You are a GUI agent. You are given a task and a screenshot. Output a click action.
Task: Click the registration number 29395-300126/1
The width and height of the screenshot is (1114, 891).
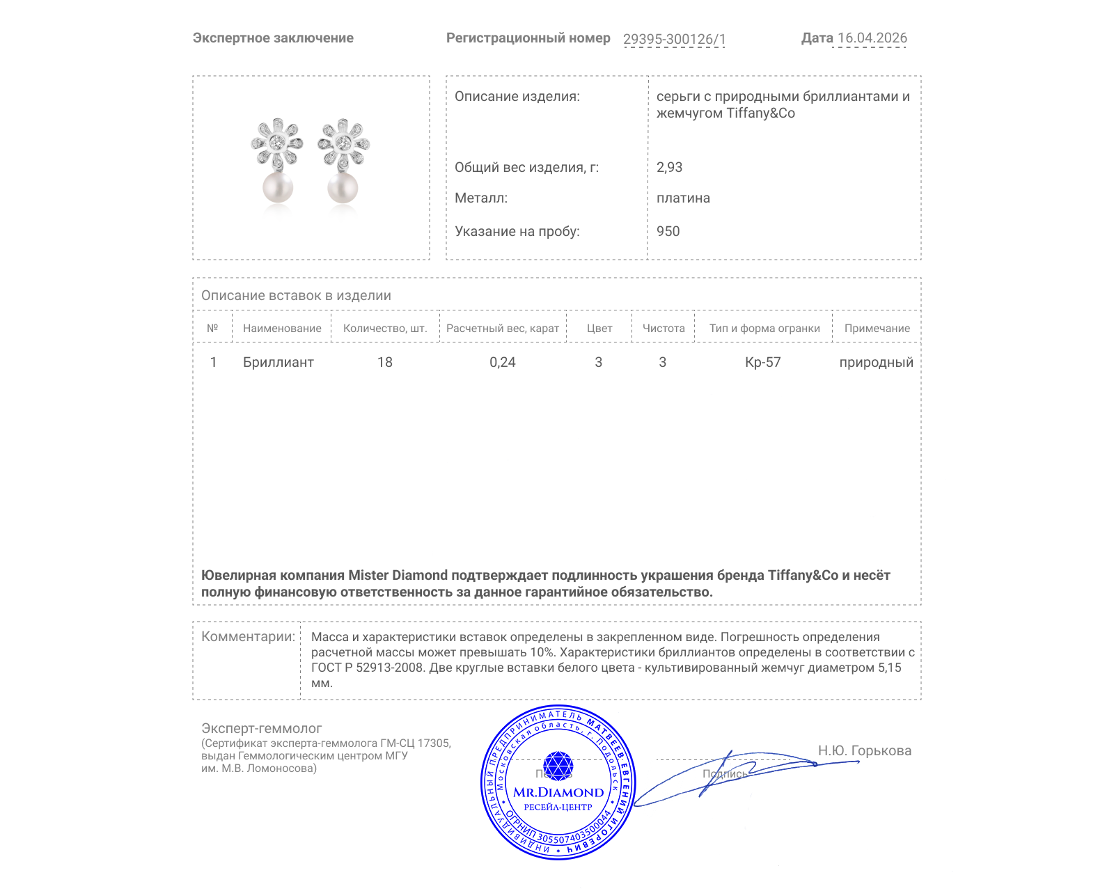tap(674, 39)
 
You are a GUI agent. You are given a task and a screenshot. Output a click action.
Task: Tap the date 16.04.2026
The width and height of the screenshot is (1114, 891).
tap(872, 38)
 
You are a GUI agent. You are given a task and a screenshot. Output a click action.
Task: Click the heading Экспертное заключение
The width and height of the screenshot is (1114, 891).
tap(273, 38)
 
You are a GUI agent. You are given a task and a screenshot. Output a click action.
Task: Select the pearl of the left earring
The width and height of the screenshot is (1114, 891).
tap(277, 187)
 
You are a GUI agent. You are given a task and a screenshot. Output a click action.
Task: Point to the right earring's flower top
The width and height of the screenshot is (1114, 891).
tap(343, 143)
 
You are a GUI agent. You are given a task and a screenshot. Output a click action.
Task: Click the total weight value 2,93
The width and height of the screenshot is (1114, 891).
tap(669, 167)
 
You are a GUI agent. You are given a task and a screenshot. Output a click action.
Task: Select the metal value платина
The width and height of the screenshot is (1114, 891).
tap(683, 198)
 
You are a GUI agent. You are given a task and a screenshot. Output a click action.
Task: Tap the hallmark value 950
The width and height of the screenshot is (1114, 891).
tap(668, 231)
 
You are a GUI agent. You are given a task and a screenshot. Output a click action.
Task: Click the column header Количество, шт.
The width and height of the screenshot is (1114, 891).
tap(385, 328)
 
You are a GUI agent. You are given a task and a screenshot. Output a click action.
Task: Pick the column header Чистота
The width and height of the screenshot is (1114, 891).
tap(664, 328)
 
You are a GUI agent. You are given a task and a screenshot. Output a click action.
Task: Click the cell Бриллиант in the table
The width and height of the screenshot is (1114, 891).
tap(278, 362)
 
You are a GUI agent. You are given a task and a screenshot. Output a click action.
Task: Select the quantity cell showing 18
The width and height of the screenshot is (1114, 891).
tap(385, 362)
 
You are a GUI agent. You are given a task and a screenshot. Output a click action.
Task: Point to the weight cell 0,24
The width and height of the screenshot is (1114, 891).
tap(503, 362)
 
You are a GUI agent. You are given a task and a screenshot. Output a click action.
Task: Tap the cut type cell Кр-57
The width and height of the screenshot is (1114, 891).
tap(763, 362)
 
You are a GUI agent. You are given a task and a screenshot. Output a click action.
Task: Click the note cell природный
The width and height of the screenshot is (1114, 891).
tap(876, 362)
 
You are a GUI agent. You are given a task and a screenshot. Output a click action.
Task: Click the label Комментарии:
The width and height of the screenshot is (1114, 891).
tap(248, 636)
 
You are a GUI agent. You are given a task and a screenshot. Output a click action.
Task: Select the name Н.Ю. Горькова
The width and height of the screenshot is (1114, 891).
tap(864, 750)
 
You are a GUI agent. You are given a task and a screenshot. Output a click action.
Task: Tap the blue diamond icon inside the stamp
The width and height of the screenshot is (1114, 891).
tap(558, 766)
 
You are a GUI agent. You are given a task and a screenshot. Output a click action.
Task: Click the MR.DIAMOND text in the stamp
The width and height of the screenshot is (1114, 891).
tap(558, 792)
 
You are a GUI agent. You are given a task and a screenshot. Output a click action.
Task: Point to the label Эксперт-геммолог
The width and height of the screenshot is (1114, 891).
tap(261, 728)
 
